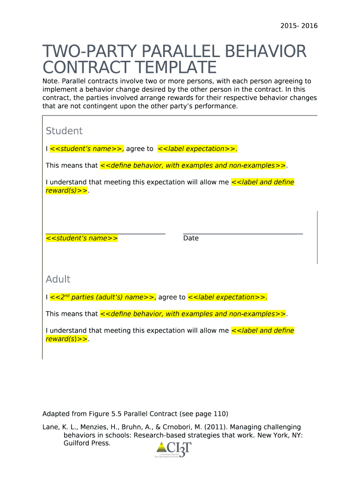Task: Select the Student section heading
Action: tap(64, 131)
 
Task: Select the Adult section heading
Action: tap(58, 279)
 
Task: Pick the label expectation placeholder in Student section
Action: tap(197, 149)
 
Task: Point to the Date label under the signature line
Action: tap(191, 238)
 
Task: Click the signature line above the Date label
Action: tap(243, 233)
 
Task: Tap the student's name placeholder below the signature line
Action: tap(82, 238)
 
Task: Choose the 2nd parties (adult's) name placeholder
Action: tap(103, 297)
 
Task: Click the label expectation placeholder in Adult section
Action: tap(227, 297)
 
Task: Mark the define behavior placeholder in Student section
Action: tap(193, 166)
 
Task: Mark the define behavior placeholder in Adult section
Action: tap(193, 314)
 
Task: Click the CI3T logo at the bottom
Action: tap(173, 450)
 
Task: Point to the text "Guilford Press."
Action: tap(87, 443)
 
